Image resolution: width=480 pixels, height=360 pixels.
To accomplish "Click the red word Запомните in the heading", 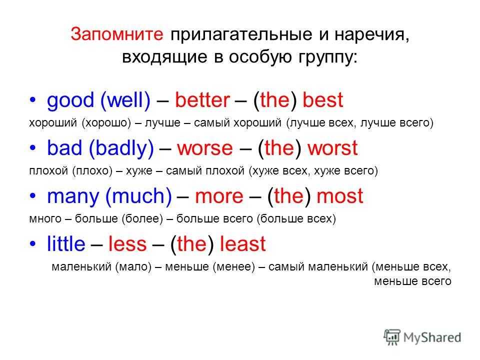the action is point(117,33).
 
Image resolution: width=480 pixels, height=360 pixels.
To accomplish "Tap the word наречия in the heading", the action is point(371,34).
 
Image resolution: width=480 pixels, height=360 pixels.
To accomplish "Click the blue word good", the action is point(70,100).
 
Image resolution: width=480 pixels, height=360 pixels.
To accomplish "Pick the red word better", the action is point(202,100).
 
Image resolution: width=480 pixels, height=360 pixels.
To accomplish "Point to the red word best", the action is point(322,100).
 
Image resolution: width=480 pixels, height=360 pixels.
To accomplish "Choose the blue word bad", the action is point(64,148).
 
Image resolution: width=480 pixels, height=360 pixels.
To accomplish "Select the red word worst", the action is point(332,148).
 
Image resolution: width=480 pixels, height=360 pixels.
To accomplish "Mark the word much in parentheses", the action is point(138,196).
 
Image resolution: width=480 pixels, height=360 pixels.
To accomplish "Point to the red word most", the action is point(340,196).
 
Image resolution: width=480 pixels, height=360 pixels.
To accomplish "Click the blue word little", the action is point(66,243).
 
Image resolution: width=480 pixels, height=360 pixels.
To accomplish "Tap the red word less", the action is point(127,243).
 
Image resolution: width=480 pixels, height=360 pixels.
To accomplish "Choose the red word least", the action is point(243,243).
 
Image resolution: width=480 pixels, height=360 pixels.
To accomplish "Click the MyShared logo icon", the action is point(392,337).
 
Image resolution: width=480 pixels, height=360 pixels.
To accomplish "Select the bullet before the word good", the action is point(33,100).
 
